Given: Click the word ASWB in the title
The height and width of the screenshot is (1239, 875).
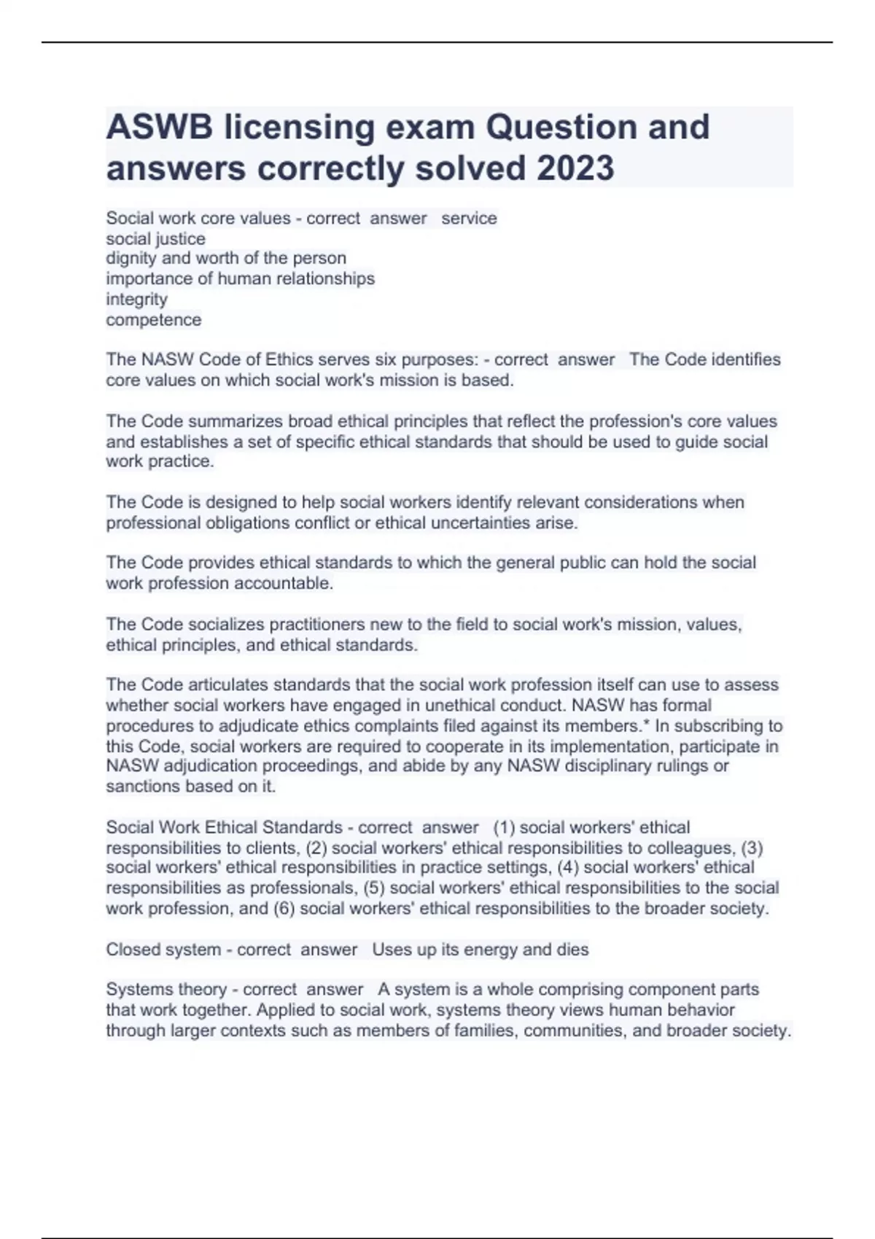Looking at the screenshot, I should [x=160, y=128].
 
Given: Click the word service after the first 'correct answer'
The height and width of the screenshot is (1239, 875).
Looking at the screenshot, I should [x=469, y=219].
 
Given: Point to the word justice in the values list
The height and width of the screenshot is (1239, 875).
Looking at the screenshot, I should [x=181, y=239].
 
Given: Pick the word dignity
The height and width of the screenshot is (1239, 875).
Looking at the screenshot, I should [x=129, y=259].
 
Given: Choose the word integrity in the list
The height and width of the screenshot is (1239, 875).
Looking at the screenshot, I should [x=136, y=300].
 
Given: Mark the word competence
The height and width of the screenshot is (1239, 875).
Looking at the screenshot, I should [x=153, y=320].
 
